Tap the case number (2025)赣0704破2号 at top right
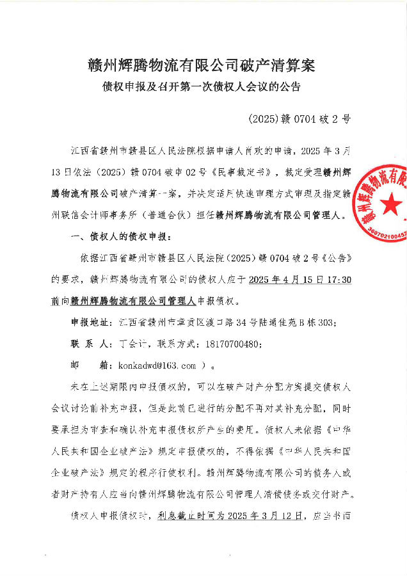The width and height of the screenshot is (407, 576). click(x=298, y=119)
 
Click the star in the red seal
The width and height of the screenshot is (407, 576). click(x=392, y=204)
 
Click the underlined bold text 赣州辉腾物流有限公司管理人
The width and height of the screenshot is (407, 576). click(x=124, y=301)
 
